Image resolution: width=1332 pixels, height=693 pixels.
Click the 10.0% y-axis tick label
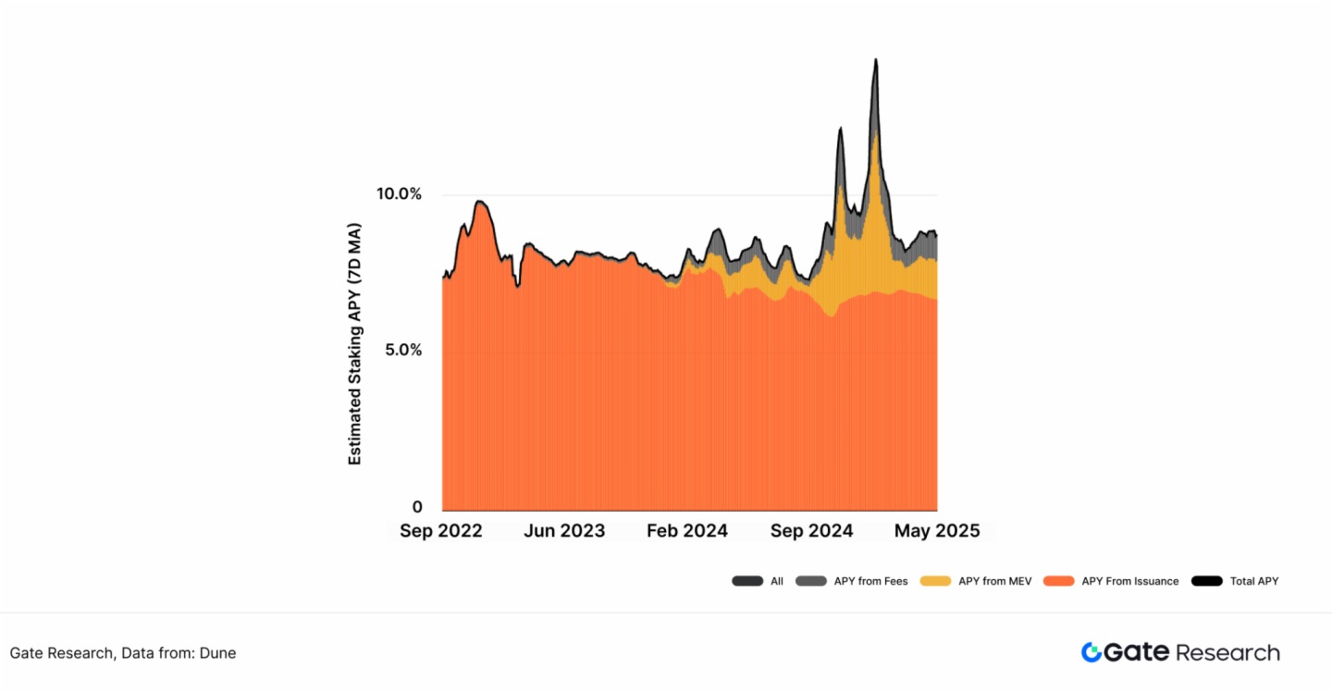coord(399,194)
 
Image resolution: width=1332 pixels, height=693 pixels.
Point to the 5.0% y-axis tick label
coord(399,351)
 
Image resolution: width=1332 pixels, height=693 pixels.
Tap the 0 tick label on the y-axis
coord(417,507)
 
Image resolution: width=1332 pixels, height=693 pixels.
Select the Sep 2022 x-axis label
coord(440,531)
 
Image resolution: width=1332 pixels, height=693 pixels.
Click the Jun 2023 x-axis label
coord(563,531)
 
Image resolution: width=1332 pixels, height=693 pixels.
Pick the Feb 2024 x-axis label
coord(686,531)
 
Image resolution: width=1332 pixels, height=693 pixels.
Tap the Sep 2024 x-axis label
coord(811,531)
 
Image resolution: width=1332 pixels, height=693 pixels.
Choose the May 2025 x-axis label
coord(936,531)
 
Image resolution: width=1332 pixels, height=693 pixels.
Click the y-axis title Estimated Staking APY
coord(355,343)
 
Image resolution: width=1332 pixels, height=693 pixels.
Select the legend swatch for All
coord(746,581)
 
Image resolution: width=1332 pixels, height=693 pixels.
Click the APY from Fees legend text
coord(870,581)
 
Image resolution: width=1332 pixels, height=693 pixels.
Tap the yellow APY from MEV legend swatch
coord(935,581)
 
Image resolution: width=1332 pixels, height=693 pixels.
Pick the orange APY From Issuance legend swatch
coord(1058,581)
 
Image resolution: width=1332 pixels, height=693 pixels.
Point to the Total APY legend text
coord(1253,581)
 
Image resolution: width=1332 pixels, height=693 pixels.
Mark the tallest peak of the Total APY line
coord(875,60)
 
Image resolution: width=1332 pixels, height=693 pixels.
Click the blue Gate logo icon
coord(1091,652)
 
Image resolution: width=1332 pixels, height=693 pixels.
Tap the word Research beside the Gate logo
coord(1227,652)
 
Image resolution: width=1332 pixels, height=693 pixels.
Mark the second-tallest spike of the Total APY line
coord(840,129)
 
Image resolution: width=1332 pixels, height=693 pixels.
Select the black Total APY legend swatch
coord(1206,581)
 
